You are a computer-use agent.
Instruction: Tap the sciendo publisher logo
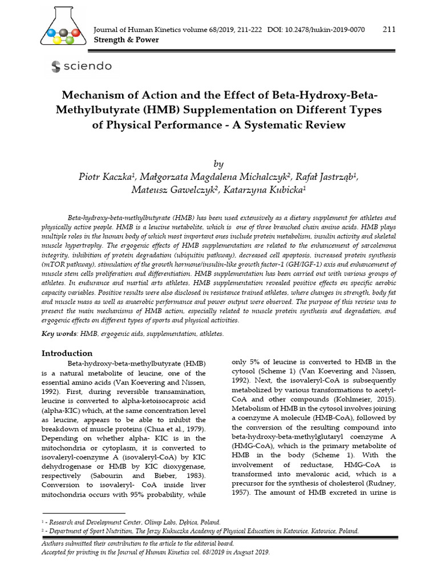point(81,67)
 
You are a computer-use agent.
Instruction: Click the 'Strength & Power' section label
point(125,40)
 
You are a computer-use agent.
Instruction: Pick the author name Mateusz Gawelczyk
point(173,190)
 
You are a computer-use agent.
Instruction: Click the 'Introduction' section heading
point(67,353)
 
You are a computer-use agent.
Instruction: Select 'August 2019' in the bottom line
point(251,552)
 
